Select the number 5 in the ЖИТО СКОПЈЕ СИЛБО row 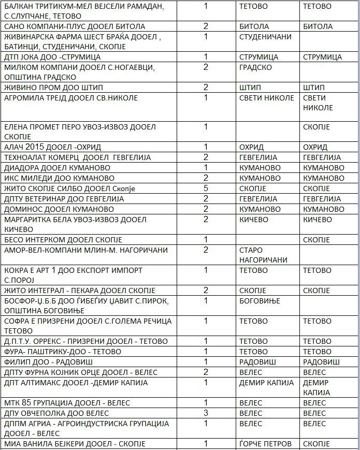[206, 188]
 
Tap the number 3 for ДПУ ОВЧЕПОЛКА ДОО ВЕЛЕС [206, 413]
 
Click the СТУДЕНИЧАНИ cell [266, 37]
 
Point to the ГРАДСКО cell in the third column [256, 67]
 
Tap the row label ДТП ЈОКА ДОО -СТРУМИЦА [52, 57]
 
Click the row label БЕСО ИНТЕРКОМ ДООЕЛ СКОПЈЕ [63, 240]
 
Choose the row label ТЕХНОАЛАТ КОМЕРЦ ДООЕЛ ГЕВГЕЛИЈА [77, 157]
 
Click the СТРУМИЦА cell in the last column [322, 57]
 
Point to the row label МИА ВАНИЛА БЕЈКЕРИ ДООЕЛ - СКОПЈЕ [75, 444]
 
